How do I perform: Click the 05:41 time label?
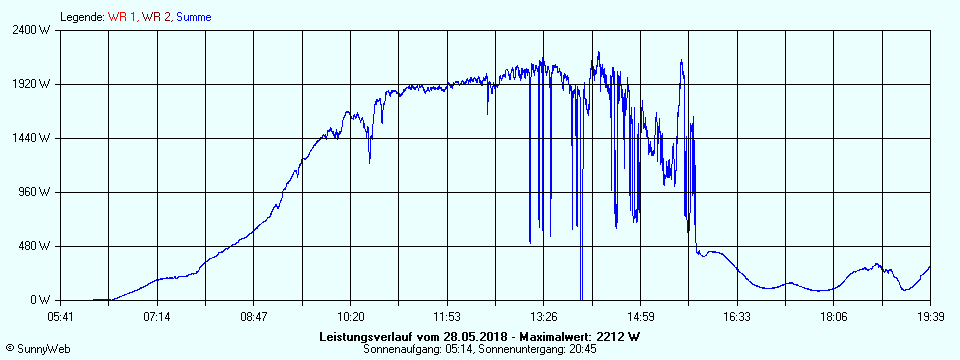[61, 317]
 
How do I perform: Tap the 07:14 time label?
[157, 317]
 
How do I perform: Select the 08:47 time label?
[254, 317]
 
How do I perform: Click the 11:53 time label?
[447, 317]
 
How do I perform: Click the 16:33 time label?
[737, 317]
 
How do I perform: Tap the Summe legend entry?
[193, 17]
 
